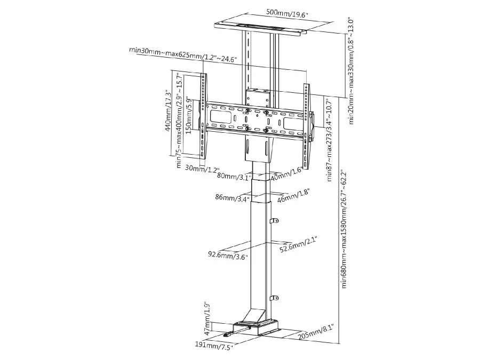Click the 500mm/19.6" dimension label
(x=287, y=13)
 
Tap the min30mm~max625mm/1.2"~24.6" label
(x=183, y=55)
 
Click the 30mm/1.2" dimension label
(x=202, y=168)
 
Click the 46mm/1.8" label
(x=293, y=196)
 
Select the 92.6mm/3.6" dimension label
(x=228, y=255)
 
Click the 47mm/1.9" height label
(x=207, y=318)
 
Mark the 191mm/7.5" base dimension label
(x=214, y=345)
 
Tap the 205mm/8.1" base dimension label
(x=316, y=333)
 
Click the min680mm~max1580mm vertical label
(x=345, y=229)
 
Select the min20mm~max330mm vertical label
(x=351, y=71)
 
